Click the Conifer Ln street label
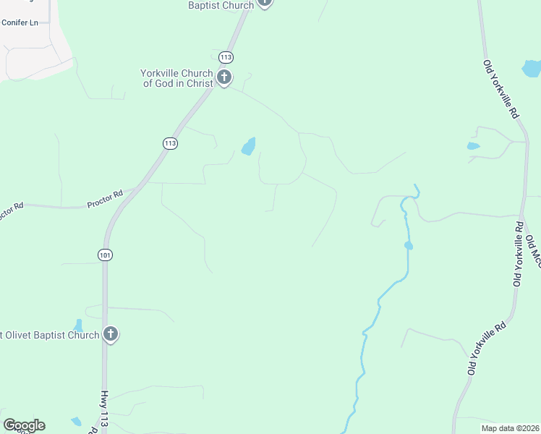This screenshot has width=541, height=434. click(20, 22)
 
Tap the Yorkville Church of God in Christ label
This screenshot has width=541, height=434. click(178, 78)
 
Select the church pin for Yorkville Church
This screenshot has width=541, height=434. click(224, 77)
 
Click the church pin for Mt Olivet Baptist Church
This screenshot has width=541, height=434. click(110, 334)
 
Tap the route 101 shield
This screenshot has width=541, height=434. click(106, 255)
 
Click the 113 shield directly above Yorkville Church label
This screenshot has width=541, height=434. click(226, 56)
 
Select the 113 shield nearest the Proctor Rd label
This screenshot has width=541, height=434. click(170, 143)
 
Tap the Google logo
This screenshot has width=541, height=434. click(24, 425)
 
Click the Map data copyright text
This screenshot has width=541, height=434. click(509, 427)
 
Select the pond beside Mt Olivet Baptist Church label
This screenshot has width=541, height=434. click(78, 325)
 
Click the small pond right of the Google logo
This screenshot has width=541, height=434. click(76, 421)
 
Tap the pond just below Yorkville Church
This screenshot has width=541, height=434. click(249, 147)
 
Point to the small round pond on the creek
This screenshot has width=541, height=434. click(409, 246)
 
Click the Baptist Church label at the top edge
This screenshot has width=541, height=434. click(221, 5)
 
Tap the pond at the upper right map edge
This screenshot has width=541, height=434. click(532, 69)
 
